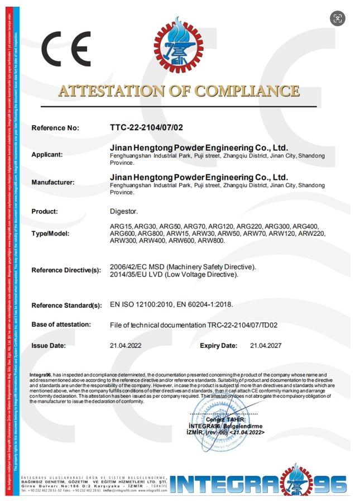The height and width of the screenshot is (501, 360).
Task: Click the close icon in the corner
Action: coord(337,18)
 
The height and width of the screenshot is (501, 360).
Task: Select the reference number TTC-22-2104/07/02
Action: coord(146,127)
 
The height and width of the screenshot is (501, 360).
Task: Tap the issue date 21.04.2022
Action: coord(126,346)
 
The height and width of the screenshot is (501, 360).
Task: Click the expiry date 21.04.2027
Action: coord(266,346)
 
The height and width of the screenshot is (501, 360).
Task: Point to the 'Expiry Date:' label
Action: coord(218,346)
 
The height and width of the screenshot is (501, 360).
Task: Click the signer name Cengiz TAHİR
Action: coord(222,419)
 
